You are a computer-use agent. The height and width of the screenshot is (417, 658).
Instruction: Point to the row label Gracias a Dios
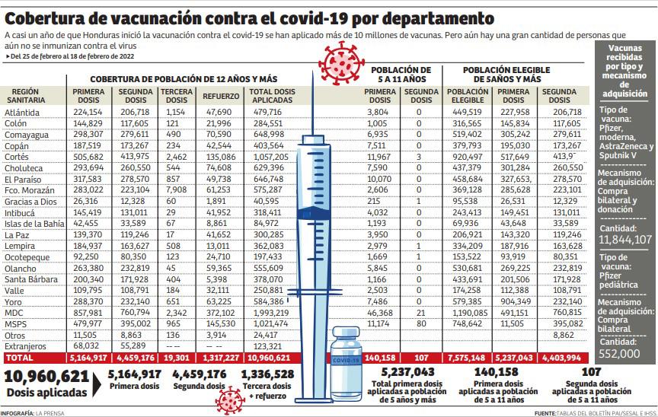click(30, 202)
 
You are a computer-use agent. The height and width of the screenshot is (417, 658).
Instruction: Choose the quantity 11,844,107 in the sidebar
click(625, 240)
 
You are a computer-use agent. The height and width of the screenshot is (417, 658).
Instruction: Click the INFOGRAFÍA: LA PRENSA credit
click(34, 412)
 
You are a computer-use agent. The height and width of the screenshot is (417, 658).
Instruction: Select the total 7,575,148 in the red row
click(468, 357)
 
